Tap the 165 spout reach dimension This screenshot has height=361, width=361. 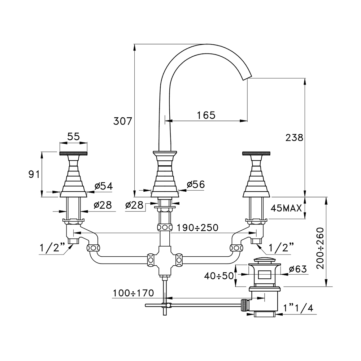click(206, 115)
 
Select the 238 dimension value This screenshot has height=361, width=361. click(294, 137)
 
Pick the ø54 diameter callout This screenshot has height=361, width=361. click(104, 186)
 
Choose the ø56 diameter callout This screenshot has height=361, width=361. click(196, 184)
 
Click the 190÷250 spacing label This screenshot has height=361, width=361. click(197, 228)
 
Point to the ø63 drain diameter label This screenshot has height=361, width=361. click(298, 269)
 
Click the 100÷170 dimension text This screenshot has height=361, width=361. click(133, 292)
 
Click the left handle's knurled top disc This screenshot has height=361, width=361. click(73, 153)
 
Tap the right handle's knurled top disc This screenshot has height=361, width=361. click(257, 153)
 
